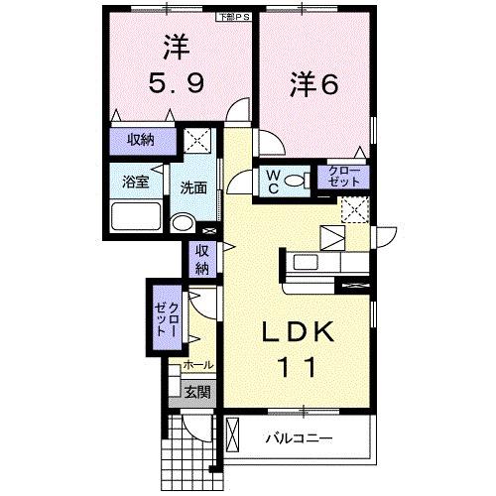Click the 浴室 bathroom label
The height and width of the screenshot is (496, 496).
tap(136, 183)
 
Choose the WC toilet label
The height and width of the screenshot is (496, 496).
tap(269, 182)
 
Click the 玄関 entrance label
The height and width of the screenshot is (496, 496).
tap(196, 392)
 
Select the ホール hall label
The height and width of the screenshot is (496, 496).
tap(197, 366)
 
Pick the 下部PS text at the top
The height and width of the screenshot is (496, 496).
tap(234, 17)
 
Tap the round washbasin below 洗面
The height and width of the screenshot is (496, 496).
tap(181, 222)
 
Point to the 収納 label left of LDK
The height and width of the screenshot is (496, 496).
tap(201, 259)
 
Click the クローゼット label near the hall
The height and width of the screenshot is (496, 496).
tap(167, 318)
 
